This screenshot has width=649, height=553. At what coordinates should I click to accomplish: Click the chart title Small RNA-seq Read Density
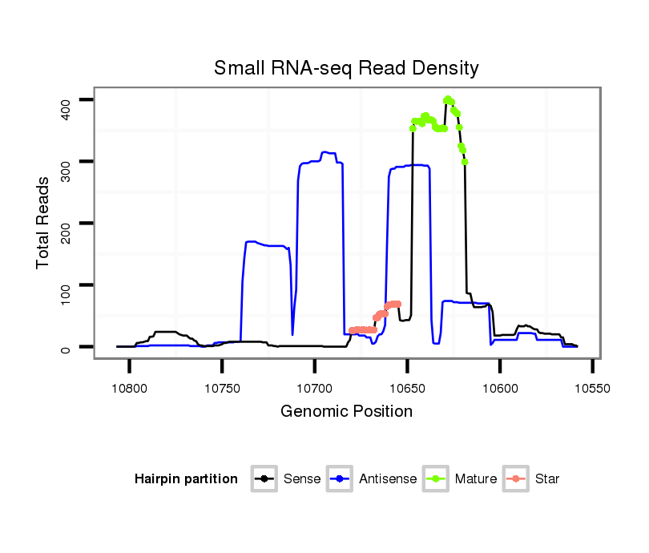346,68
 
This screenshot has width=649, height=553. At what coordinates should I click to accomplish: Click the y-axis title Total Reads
43,222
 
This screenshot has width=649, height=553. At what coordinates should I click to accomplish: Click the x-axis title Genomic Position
346,412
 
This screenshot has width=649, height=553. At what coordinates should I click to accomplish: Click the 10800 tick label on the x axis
129,388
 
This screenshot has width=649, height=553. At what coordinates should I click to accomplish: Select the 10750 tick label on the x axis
222,388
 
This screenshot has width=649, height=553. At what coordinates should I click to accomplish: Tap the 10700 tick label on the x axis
314,388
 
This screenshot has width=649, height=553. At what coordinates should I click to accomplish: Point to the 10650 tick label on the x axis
407,388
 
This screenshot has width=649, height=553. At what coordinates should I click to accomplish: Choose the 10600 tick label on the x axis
499,388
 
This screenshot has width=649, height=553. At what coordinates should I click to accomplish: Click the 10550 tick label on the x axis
592,388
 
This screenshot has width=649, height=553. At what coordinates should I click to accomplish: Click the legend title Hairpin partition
186,479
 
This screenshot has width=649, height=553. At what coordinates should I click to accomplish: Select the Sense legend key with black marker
264,479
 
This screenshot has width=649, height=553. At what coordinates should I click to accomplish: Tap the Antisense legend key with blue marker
340,479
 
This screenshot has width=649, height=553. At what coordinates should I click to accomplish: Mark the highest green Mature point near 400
447,99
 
